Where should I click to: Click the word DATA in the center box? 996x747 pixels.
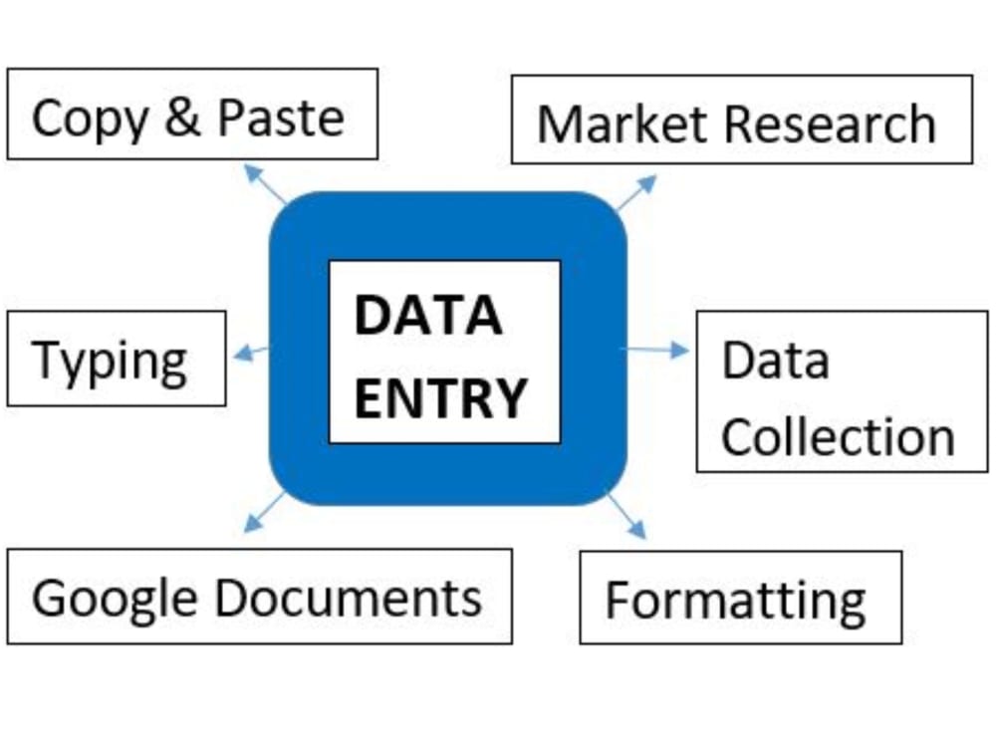coord(427,317)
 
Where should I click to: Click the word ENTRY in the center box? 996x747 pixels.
coord(440,398)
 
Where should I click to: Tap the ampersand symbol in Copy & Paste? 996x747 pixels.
coord(181,117)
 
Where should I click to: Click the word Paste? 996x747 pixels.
coord(281,117)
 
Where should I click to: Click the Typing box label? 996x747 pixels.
coord(110,361)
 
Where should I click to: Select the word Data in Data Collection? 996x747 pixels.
coord(774,360)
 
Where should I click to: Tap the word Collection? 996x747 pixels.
coord(837,437)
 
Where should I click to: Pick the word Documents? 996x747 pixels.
coord(348,597)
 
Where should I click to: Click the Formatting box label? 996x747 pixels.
coord(735,601)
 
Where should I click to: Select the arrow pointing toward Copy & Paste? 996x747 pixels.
coord(264,184)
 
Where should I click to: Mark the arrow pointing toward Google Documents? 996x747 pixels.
coord(263,512)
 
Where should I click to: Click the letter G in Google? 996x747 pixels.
coord(49,598)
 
